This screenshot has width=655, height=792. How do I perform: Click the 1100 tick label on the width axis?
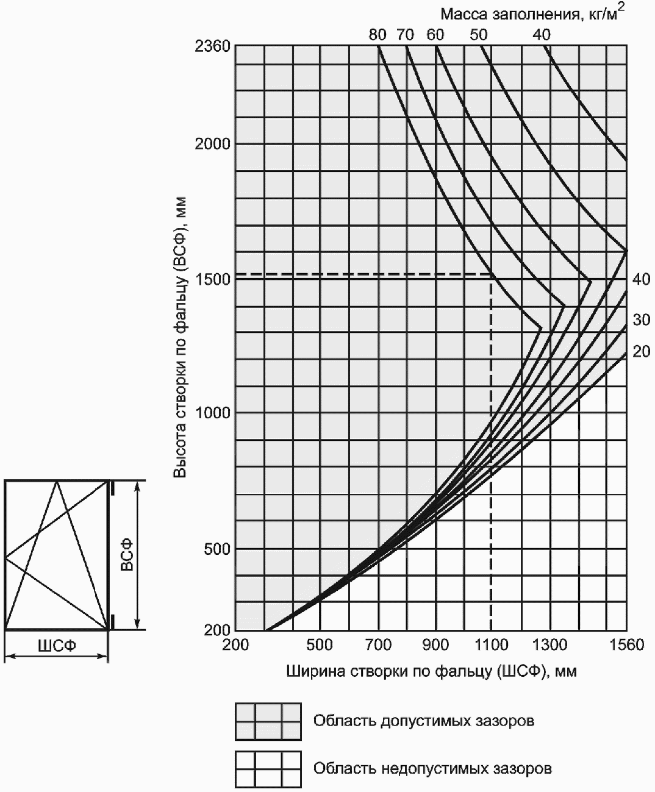coord(492,645)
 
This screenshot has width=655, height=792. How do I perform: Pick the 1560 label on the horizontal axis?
coord(626,645)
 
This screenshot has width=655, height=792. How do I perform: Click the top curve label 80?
coord(378,35)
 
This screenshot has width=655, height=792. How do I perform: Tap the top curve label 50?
coord(479,35)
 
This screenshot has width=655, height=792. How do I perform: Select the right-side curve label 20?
coord(641,352)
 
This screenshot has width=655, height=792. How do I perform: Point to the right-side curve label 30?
coord(641,319)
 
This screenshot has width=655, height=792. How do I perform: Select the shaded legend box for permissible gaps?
coord(268,721)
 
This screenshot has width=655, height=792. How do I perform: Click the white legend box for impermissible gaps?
coord(268,769)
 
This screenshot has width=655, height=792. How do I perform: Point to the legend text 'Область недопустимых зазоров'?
coord(432,768)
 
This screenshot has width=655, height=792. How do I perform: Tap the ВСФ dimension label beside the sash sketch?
coord(127,555)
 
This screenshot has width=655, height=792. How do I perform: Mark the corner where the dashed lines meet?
coord(492,274)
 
